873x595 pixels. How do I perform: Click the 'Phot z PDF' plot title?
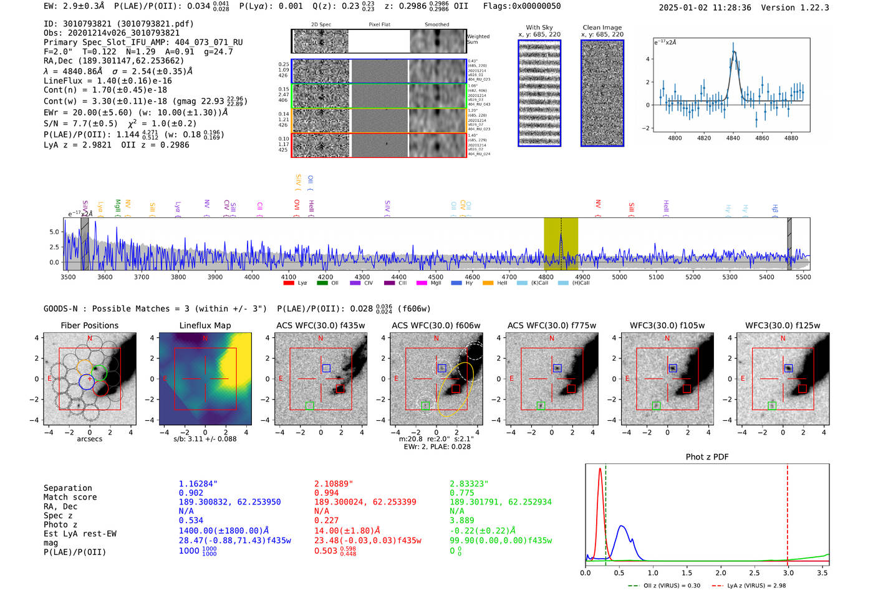click(707, 457)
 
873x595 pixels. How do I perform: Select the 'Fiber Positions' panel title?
click(89, 325)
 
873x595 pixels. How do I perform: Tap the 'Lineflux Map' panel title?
click(205, 325)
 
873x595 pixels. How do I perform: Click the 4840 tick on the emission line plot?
click(733, 138)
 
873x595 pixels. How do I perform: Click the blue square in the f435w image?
click(326, 368)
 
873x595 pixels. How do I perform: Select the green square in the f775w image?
click(541, 406)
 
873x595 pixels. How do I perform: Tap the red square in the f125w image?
click(802, 389)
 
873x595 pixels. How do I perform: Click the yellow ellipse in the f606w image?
click(455, 390)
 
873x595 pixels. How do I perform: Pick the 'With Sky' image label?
click(539, 27)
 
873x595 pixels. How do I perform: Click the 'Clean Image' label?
click(602, 27)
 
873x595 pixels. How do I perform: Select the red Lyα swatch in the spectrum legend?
click(289, 283)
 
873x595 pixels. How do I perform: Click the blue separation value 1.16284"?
click(198, 484)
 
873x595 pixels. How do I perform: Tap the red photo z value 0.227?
click(326, 520)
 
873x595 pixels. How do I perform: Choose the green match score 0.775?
click(461, 493)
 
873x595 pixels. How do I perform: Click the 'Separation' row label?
click(67, 488)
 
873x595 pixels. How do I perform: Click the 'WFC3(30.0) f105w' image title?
click(667, 325)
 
